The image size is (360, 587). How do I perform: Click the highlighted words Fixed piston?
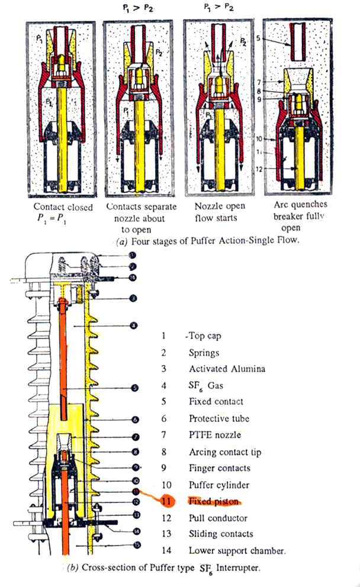click(x=214, y=501)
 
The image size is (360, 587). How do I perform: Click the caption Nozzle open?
click(x=220, y=207)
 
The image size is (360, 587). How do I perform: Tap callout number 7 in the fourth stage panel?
click(x=260, y=80)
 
